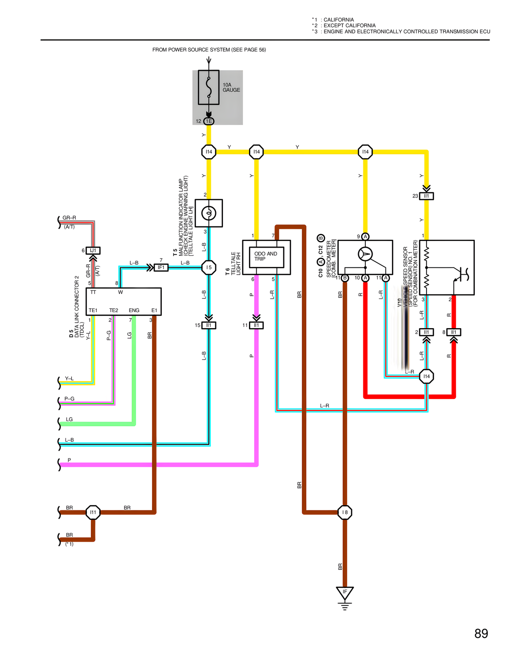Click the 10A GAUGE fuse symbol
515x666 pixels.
pos(208,87)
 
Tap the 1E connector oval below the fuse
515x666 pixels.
pos(208,121)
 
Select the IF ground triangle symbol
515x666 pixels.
pos(345,593)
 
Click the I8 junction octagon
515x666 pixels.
pos(345,512)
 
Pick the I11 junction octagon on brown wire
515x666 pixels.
pos(93,512)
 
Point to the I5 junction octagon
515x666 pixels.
pos(208,267)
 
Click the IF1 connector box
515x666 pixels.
pos(161,267)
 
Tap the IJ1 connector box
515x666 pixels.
pos(93,251)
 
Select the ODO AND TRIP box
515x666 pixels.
pos(266,257)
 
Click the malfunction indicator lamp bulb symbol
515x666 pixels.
pos(208,213)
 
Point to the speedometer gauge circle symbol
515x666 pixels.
pos(365,254)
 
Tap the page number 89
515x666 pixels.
pos(481,633)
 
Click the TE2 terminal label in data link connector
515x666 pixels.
pos(114,310)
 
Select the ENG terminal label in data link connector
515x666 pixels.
pos(134,310)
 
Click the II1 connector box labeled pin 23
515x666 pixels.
pos(426,196)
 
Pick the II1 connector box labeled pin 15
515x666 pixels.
pos(208,325)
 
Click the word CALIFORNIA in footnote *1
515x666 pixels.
pos(339,20)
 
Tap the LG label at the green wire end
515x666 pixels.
pos(69,419)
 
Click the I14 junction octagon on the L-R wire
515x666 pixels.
pos(426,376)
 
